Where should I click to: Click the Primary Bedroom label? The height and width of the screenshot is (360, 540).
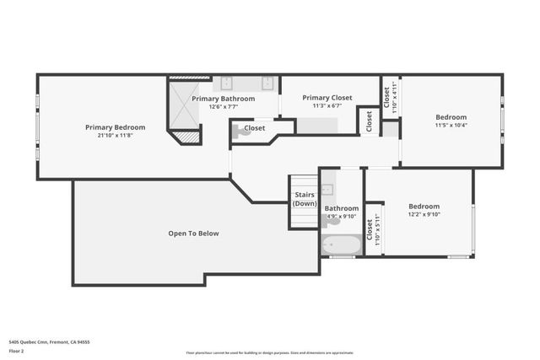115,127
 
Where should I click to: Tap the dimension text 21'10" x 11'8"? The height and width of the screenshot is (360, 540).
115,136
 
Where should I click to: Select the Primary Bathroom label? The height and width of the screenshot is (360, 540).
223,99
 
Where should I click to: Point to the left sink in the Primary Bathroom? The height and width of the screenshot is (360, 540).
227,83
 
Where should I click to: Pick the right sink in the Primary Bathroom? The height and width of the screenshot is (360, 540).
267,83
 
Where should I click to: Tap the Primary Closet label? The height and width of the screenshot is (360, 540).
327,98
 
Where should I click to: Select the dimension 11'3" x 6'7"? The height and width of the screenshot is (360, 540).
327,106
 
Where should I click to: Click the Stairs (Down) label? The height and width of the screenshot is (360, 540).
305,199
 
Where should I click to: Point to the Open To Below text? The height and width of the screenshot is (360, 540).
193,234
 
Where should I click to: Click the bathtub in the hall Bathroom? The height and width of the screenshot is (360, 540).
341,245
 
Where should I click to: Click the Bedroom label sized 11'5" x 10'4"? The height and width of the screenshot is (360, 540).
451,117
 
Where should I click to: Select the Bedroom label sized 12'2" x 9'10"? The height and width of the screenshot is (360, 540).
424,207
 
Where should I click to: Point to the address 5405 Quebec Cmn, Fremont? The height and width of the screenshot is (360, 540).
49,342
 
